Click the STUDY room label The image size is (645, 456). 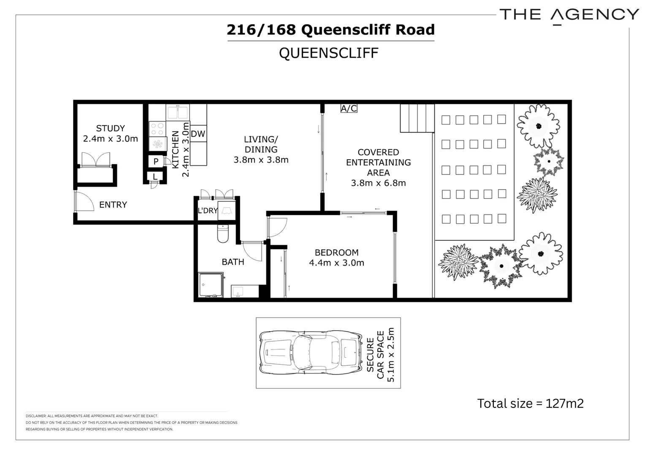[110, 128]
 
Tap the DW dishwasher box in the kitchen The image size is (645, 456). [198, 134]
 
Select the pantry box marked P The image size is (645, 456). [156, 161]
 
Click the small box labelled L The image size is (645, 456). [155, 176]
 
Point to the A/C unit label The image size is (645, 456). [349, 109]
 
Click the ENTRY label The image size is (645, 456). [113, 205]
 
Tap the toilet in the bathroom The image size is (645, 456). [223, 233]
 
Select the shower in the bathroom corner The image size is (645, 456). [211, 285]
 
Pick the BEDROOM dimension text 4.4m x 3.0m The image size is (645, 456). [336, 263]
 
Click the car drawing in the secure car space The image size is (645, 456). [310, 352]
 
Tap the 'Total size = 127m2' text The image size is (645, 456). [530, 404]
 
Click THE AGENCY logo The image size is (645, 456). [569, 15]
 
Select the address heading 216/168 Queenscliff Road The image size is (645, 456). [331, 30]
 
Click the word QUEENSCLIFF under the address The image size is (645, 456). [328, 53]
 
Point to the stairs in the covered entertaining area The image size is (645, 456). [417, 118]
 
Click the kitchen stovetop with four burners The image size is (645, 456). [157, 128]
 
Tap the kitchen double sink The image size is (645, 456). [177, 112]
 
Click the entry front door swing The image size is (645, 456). [84, 201]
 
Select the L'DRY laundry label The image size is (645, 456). [207, 210]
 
